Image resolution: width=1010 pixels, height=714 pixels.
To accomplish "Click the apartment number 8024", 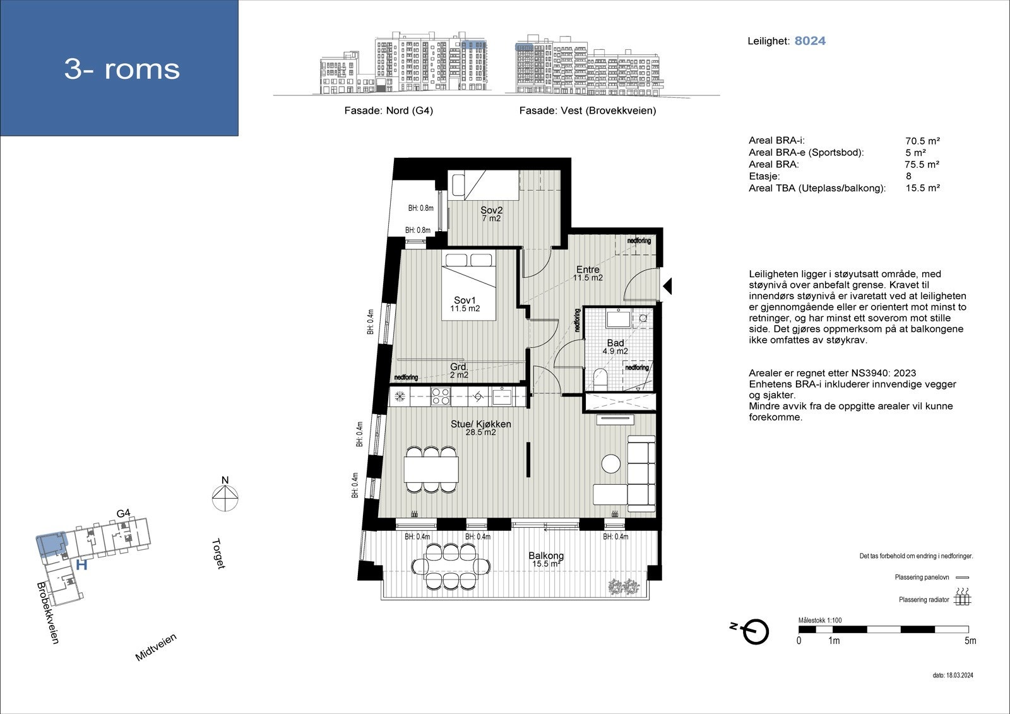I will click(x=810, y=41).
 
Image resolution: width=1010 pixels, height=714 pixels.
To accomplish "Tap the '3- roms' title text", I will click(x=122, y=69).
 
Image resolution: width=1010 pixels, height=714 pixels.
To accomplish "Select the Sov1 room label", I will click(x=465, y=304).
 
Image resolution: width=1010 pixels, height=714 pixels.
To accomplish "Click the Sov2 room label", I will click(x=490, y=214).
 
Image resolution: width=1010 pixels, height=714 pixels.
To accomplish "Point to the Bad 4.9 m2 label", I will click(x=615, y=347).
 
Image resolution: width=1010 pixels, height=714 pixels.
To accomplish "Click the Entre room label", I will click(x=588, y=273).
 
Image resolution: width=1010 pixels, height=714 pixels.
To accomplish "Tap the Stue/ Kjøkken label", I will click(x=480, y=428).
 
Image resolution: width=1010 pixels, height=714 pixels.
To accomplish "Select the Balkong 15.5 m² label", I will click(x=547, y=559).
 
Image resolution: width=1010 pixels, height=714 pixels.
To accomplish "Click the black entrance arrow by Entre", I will click(x=667, y=287).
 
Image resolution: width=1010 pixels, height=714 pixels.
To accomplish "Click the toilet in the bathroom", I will click(x=600, y=380).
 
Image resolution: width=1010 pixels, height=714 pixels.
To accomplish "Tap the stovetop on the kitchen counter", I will click(x=440, y=396).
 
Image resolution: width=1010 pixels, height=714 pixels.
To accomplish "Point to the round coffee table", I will click(x=611, y=464).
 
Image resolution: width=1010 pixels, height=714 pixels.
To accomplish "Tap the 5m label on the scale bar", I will click(x=970, y=641).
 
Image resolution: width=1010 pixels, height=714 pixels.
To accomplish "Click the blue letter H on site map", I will click(x=81, y=565).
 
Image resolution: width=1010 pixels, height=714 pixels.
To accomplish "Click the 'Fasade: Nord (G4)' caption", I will click(x=388, y=110).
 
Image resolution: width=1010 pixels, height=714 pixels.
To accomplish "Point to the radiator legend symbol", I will click(x=962, y=597).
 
